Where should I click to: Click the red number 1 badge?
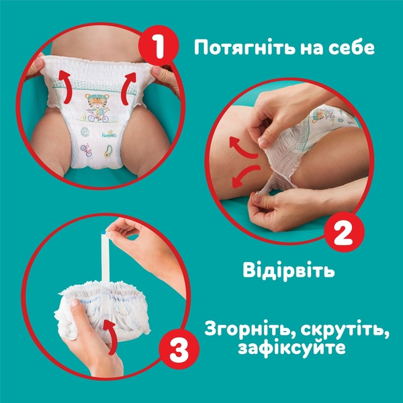(x=159, y=48)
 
